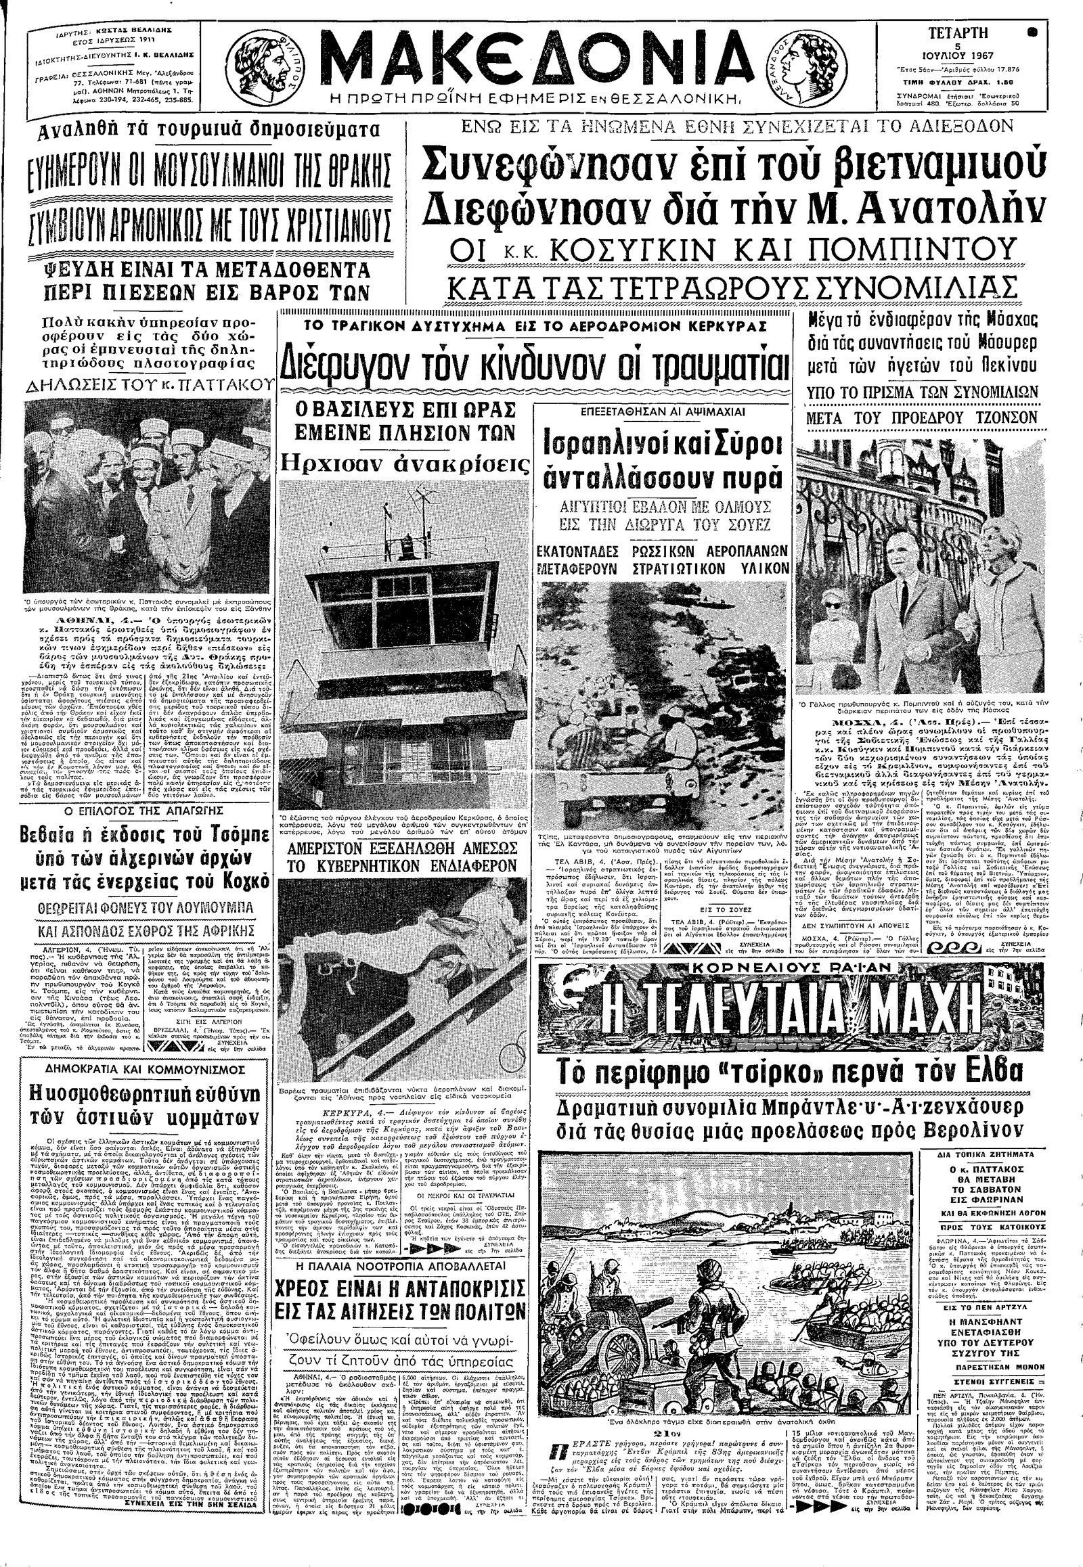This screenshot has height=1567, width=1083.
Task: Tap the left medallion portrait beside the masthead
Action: pyautogui.click(x=275, y=66)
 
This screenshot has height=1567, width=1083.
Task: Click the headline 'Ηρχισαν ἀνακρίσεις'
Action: pyautogui.click(x=399, y=463)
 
